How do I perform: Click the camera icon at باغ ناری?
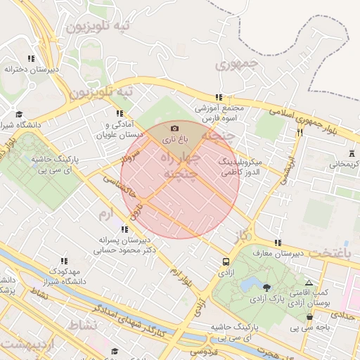(x=174, y=128)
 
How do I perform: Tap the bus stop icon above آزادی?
(x=226, y=259)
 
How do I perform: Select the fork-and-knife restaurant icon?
(x=300, y=131)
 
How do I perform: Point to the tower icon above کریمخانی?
(x=351, y=153)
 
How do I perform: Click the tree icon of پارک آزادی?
(x=266, y=287)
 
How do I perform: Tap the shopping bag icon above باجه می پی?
(x=309, y=317)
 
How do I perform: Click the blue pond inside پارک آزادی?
(x=251, y=284)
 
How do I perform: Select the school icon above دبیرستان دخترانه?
(x=30, y=58)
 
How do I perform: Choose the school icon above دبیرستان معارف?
(x=278, y=242)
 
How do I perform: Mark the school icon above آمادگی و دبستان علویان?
(x=118, y=112)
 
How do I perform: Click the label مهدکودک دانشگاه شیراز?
(x=65, y=276)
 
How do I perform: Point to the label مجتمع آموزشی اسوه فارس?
(x=219, y=112)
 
